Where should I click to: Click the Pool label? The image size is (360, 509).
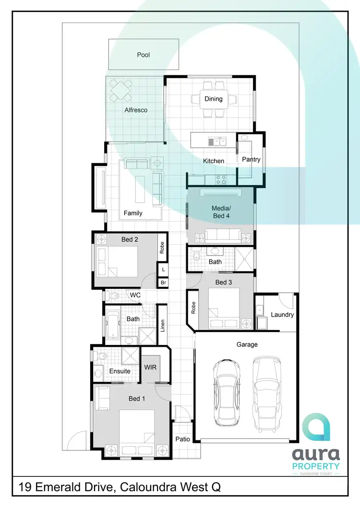[x=144, y=55]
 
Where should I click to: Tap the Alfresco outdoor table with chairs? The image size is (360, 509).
[x=121, y=90]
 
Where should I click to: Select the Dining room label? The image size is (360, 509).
[x=214, y=99]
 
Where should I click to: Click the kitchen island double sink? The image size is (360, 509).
[x=217, y=141]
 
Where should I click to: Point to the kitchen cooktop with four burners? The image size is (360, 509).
[x=221, y=180]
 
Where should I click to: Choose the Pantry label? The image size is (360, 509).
[x=251, y=159]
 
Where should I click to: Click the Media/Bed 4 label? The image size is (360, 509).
[x=221, y=212]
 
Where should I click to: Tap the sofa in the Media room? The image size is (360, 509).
[x=223, y=235]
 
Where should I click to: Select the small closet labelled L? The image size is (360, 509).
[x=163, y=270]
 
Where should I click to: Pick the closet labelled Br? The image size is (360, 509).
[x=163, y=283]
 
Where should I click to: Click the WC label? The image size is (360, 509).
[x=135, y=295]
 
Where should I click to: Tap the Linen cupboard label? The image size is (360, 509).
[x=163, y=325]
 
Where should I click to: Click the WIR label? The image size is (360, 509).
[x=150, y=367]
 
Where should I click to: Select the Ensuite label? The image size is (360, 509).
[x=120, y=371]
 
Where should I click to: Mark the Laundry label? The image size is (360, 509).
[x=282, y=315]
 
